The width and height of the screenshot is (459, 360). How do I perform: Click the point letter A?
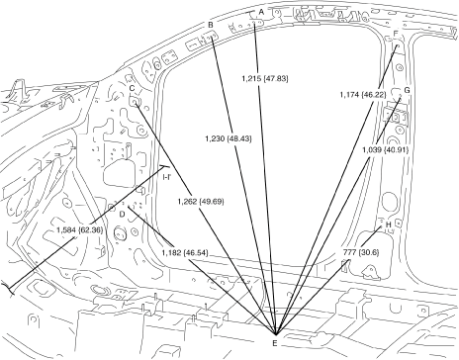click(261, 12)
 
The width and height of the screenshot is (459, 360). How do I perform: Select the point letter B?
click(211, 25)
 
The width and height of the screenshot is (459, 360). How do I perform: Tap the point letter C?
click(132, 88)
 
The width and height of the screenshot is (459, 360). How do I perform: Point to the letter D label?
click(122, 215)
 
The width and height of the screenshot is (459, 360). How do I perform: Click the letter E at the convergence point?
click(275, 343)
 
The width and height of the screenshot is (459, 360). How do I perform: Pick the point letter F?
click(396, 34)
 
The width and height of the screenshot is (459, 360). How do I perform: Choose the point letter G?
click(407, 90)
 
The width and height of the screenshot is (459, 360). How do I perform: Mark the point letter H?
click(389, 225)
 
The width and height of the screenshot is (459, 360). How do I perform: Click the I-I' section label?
click(166, 177)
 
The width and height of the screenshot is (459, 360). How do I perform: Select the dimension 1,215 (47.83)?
click(265, 79)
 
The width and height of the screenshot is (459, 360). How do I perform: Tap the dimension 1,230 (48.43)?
click(229, 138)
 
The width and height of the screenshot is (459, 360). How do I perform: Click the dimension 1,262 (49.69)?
click(201, 201)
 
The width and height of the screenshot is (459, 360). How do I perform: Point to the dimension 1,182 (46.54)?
click(185, 253)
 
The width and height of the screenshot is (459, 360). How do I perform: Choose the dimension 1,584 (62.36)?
click(79, 230)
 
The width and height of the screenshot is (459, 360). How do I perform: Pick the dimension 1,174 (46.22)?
click(363, 95)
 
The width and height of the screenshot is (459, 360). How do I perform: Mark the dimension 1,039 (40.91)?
click(386, 150)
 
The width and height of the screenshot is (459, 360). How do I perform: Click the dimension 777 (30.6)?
click(361, 252)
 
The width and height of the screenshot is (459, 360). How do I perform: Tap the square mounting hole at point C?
click(135, 102)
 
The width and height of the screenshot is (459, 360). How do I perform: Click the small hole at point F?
click(398, 45)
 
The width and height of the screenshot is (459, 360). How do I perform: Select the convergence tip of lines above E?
click(275, 333)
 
